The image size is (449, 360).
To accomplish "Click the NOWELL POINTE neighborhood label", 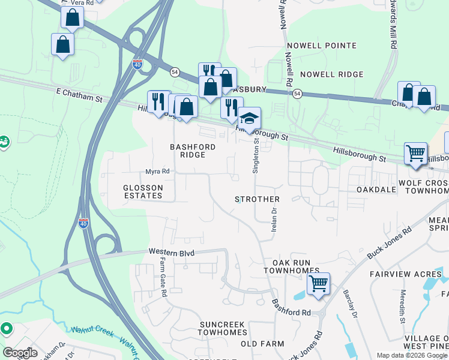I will pos(321,46).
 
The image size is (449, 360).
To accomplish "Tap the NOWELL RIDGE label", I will pos(331,74).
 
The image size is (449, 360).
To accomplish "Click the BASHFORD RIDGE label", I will pos(188,151).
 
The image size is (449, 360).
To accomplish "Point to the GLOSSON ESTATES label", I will pos(143,191).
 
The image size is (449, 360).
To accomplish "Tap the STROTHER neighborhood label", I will pos(257,199).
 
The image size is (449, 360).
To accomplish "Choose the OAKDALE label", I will pos(376,190).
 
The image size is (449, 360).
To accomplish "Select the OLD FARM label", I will pos(262,344).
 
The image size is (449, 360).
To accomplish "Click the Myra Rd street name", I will pos(158,172).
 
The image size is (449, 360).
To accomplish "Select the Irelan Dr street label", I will pos(274,219).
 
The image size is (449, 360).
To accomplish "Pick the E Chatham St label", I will pos(79,93).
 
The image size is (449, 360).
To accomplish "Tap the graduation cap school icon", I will pos(250,118).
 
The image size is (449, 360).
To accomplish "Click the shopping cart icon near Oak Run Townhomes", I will pos(318,283).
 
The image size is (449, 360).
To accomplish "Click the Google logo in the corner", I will pos(20,353).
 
